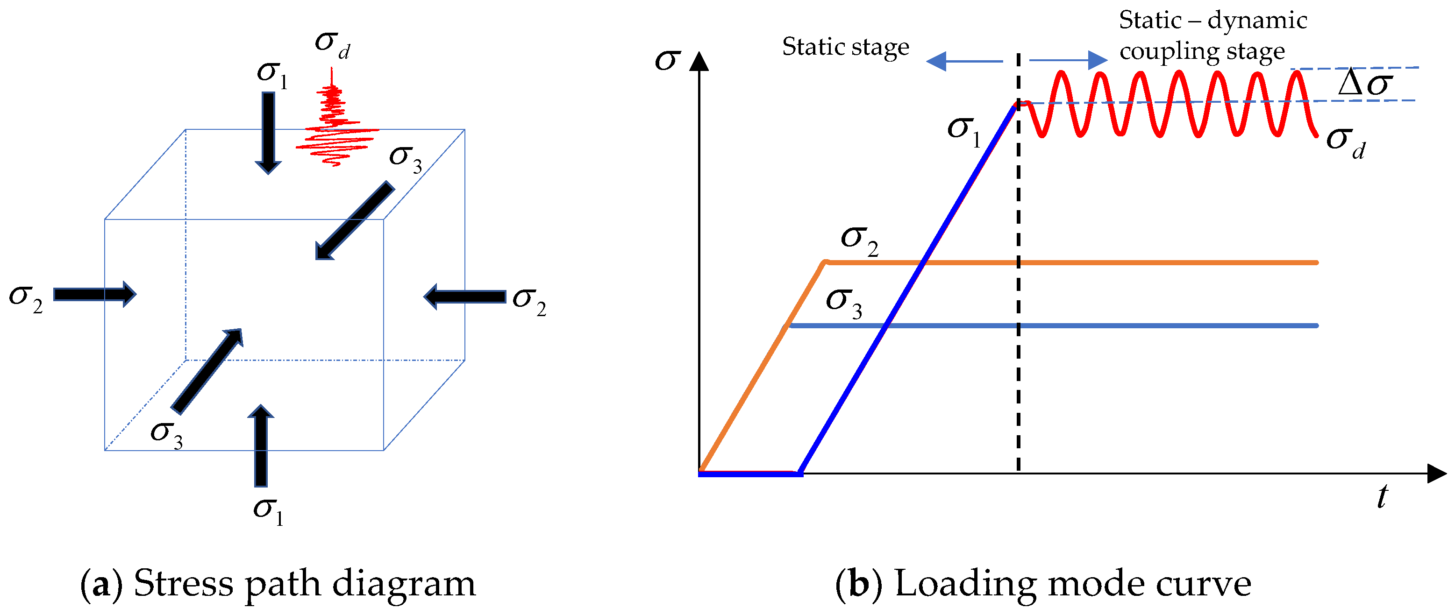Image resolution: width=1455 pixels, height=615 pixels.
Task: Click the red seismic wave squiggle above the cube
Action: coord(335,127)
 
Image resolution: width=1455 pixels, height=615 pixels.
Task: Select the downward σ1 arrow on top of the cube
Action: coord(268,133)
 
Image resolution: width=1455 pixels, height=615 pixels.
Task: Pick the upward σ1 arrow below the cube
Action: coord(261,446)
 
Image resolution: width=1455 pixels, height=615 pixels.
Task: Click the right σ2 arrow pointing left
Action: coord(464,297)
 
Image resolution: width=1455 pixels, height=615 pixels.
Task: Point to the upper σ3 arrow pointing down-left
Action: coord(355,220)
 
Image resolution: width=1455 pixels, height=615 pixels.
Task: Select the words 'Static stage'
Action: coord(846,47)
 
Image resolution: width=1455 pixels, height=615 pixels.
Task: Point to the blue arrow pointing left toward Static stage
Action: coord(963,61)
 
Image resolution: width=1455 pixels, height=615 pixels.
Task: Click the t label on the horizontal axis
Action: coord(1382,497)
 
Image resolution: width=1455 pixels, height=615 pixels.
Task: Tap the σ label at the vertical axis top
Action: coord(668,60)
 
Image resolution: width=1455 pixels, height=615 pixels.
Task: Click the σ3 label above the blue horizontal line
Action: coord(844,303)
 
